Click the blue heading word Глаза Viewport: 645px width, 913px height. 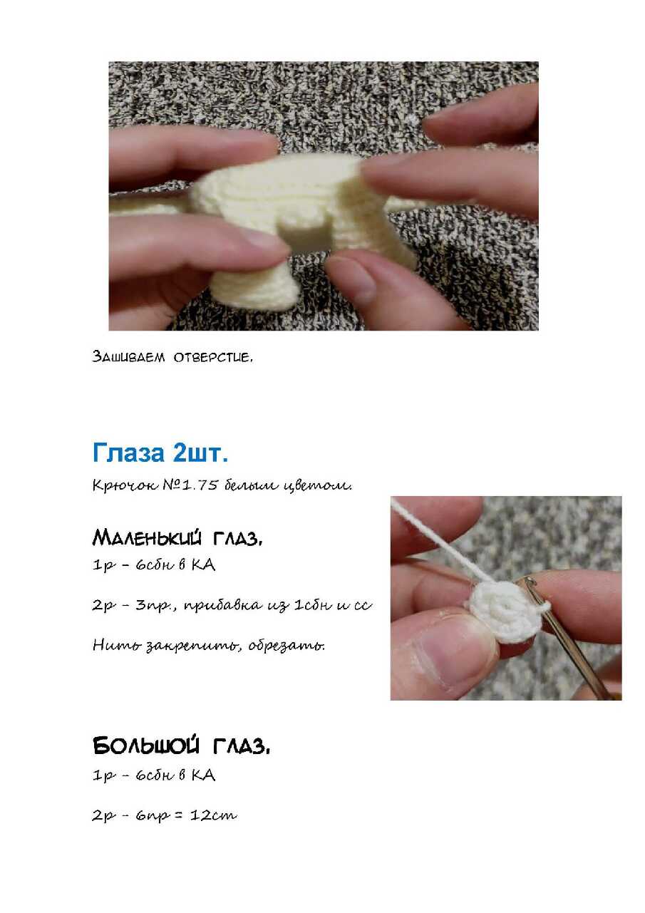click(128, 453)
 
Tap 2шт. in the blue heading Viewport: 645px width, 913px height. click(200, 453)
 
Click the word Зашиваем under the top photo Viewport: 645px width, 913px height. click(129, 356)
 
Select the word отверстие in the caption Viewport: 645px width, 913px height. click(213, 358)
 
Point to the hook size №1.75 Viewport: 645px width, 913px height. click(190, 485)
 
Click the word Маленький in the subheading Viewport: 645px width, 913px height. click(147, 537)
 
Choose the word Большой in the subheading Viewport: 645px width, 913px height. click(146, 746)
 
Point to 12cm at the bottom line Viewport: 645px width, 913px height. click(213, 815)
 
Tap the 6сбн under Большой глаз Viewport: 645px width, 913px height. click(153, 775)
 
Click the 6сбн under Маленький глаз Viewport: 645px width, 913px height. click(153, 565)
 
